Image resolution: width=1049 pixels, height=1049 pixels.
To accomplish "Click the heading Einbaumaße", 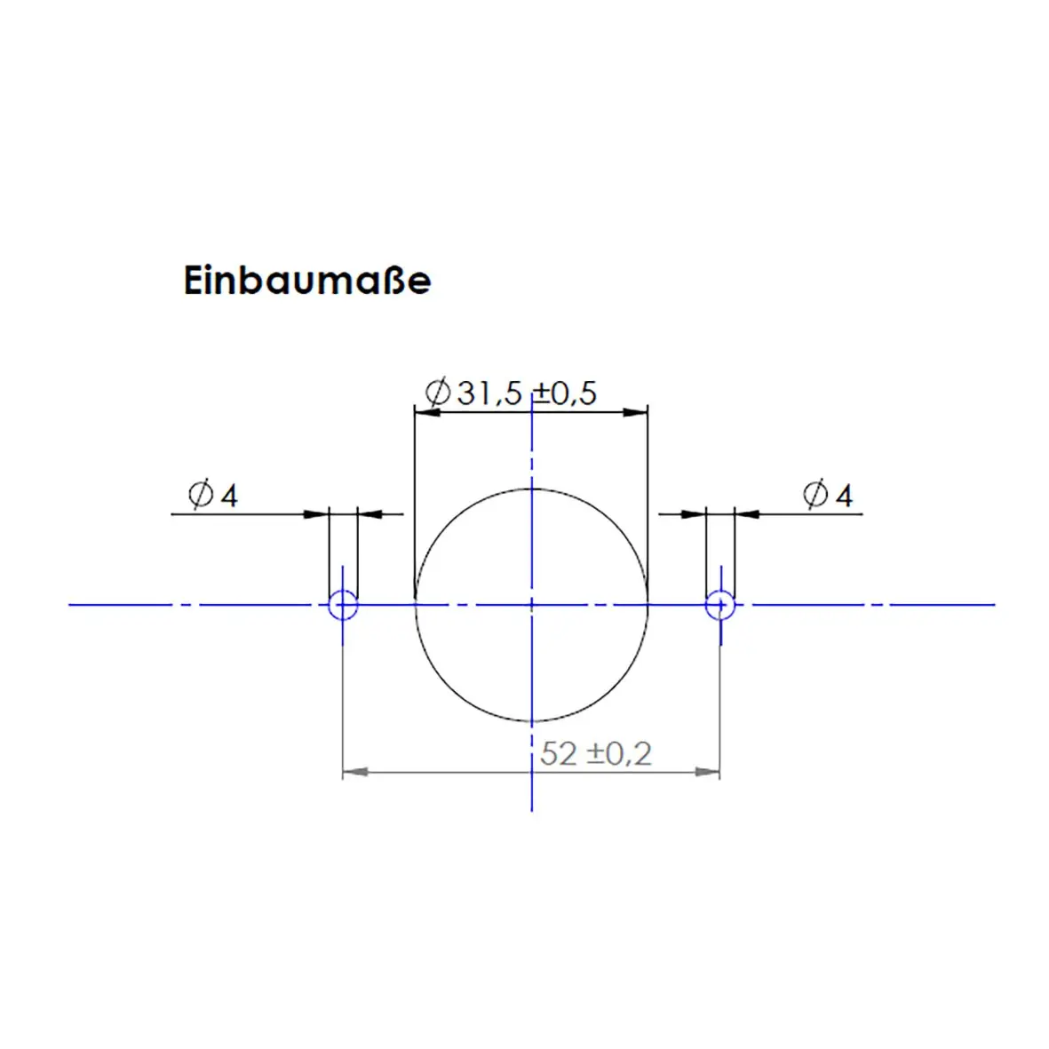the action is coord(307,281).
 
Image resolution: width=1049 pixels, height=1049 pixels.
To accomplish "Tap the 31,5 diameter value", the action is coord(489,393).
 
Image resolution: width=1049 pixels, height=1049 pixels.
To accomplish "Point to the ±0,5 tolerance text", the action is coord(565,393).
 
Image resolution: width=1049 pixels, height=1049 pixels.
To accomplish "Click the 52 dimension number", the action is coord(558,754).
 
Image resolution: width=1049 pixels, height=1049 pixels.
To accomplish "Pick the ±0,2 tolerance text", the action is coord(619,754).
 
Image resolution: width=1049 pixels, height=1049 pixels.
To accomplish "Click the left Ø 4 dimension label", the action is coord(213,495).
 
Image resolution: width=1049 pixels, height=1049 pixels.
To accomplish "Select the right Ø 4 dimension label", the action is coord(828,495).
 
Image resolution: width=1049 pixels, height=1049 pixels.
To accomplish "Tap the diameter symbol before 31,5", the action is coord(438,392).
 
